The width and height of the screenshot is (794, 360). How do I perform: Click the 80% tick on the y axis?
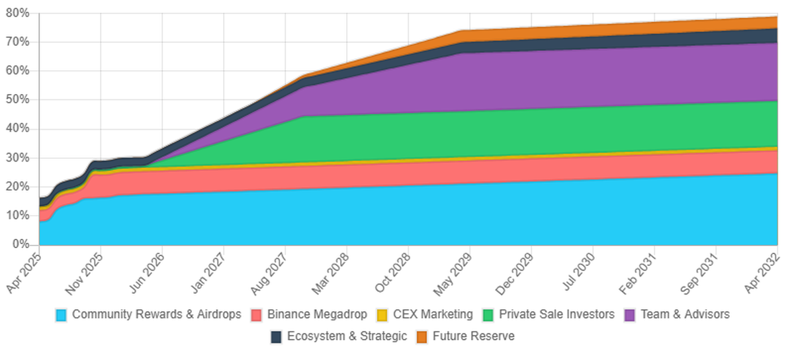pos(19,13)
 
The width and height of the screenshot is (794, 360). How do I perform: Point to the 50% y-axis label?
pos(19,100)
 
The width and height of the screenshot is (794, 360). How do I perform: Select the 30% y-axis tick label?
pos(19,158)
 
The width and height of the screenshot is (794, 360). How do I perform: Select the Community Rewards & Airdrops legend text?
pos(156,314)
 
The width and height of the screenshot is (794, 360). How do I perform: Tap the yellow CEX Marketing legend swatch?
pos(382,315)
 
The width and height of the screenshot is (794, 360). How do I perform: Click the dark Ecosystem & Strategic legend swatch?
pos(276,337)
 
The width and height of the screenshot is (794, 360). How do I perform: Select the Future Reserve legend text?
pos(473,336)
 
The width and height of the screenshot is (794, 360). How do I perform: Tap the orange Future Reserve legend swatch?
pos(421,337)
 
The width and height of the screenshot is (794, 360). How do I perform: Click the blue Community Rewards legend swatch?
pos(62,315)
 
